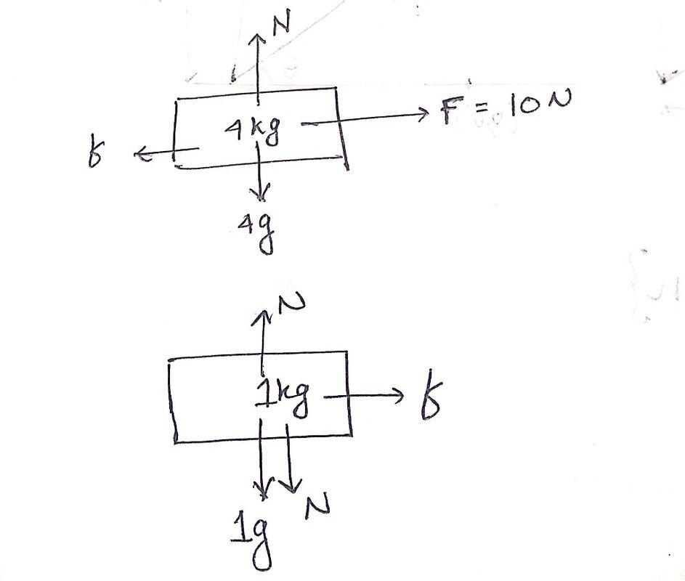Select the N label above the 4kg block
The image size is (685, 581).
(282, 23)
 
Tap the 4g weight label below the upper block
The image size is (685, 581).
(257, 234)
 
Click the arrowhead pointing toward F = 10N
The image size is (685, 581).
(423, 115)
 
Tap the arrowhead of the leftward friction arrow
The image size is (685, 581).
(141, 154)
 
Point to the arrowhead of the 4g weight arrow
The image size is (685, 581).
(260, 193)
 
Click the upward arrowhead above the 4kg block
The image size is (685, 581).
(258, 40)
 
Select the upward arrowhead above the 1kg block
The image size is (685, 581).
(262, 317)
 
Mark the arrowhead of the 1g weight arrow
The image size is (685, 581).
(262, 489)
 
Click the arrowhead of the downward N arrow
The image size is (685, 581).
(290, 486)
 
